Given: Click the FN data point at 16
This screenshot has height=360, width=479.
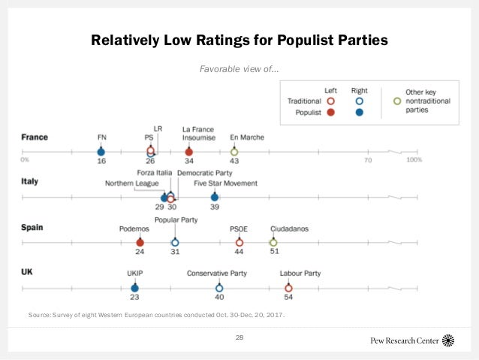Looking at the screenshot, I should click(101, 152).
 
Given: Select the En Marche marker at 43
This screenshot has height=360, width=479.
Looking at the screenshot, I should click(234, 152).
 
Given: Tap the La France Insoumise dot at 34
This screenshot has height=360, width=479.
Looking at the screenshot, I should click(188, 152).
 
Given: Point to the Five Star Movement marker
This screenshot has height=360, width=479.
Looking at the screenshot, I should click(215, 198).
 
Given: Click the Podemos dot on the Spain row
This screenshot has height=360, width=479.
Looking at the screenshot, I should click(140, 243).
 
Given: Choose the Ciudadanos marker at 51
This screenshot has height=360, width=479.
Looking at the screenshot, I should click(273, 243).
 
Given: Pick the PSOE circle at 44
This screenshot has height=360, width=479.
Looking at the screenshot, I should click(239, 243).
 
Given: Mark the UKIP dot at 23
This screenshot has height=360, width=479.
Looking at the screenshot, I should click(134, 288).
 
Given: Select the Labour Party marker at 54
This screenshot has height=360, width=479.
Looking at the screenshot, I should click(288, 288).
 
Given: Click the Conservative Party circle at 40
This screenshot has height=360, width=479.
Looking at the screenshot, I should click(219, 288).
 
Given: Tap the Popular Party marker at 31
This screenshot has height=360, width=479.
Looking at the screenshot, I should click(175, 243).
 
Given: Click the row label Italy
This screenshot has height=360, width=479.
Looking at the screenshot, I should click(31, 182).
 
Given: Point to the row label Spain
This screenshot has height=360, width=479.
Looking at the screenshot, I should click(33, 227).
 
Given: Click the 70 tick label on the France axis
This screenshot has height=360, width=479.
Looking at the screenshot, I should click(368, 160).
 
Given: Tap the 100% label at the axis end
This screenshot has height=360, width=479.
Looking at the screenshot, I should click(414, 160).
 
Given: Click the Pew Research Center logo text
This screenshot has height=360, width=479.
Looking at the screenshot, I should click(405, 340).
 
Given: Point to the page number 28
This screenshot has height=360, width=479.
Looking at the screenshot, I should click(239, 337).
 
